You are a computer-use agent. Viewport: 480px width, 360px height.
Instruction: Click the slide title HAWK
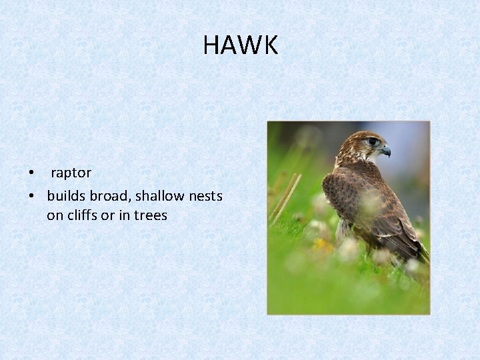click(x=240, y=45)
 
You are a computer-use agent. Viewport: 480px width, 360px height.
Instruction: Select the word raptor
click(x=71, y=173)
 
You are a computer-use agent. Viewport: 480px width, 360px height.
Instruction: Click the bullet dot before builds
click(x=31, y=196)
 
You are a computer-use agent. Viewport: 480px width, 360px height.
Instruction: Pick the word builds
click(x=65, y=195)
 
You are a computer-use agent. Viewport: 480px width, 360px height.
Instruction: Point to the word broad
click(x=105, y=195)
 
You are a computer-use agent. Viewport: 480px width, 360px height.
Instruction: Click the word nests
click(x=203, y=195)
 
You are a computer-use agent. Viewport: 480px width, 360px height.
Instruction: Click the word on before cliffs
click(x=55, y=215)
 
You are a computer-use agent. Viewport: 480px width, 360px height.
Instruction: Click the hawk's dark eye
click(x=373, y=141)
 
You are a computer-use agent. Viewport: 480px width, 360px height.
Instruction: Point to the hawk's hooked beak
click(x=386, y=151)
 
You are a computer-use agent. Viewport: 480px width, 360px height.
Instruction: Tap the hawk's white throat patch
click(x=365, y=157)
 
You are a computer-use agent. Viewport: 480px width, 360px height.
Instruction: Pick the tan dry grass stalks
click(x=285, y=197)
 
